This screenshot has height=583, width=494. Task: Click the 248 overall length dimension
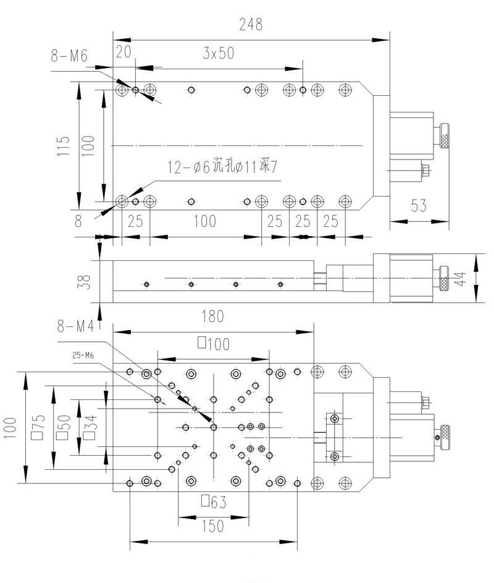coord(251,25)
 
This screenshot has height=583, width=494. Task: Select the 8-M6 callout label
coord(70,56)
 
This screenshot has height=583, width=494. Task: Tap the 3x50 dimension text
coord(219,53)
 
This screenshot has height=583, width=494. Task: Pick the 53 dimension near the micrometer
coord(419,206)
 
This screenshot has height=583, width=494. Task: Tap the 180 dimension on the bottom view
coord(212,317)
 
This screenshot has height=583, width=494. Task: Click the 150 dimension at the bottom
coord(211,527)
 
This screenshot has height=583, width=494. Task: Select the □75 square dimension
coord(40,427)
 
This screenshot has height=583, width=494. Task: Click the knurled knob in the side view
coord(443,278)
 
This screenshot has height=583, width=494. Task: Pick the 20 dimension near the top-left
coord(124,53)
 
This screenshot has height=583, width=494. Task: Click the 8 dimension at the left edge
coord(78,221)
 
